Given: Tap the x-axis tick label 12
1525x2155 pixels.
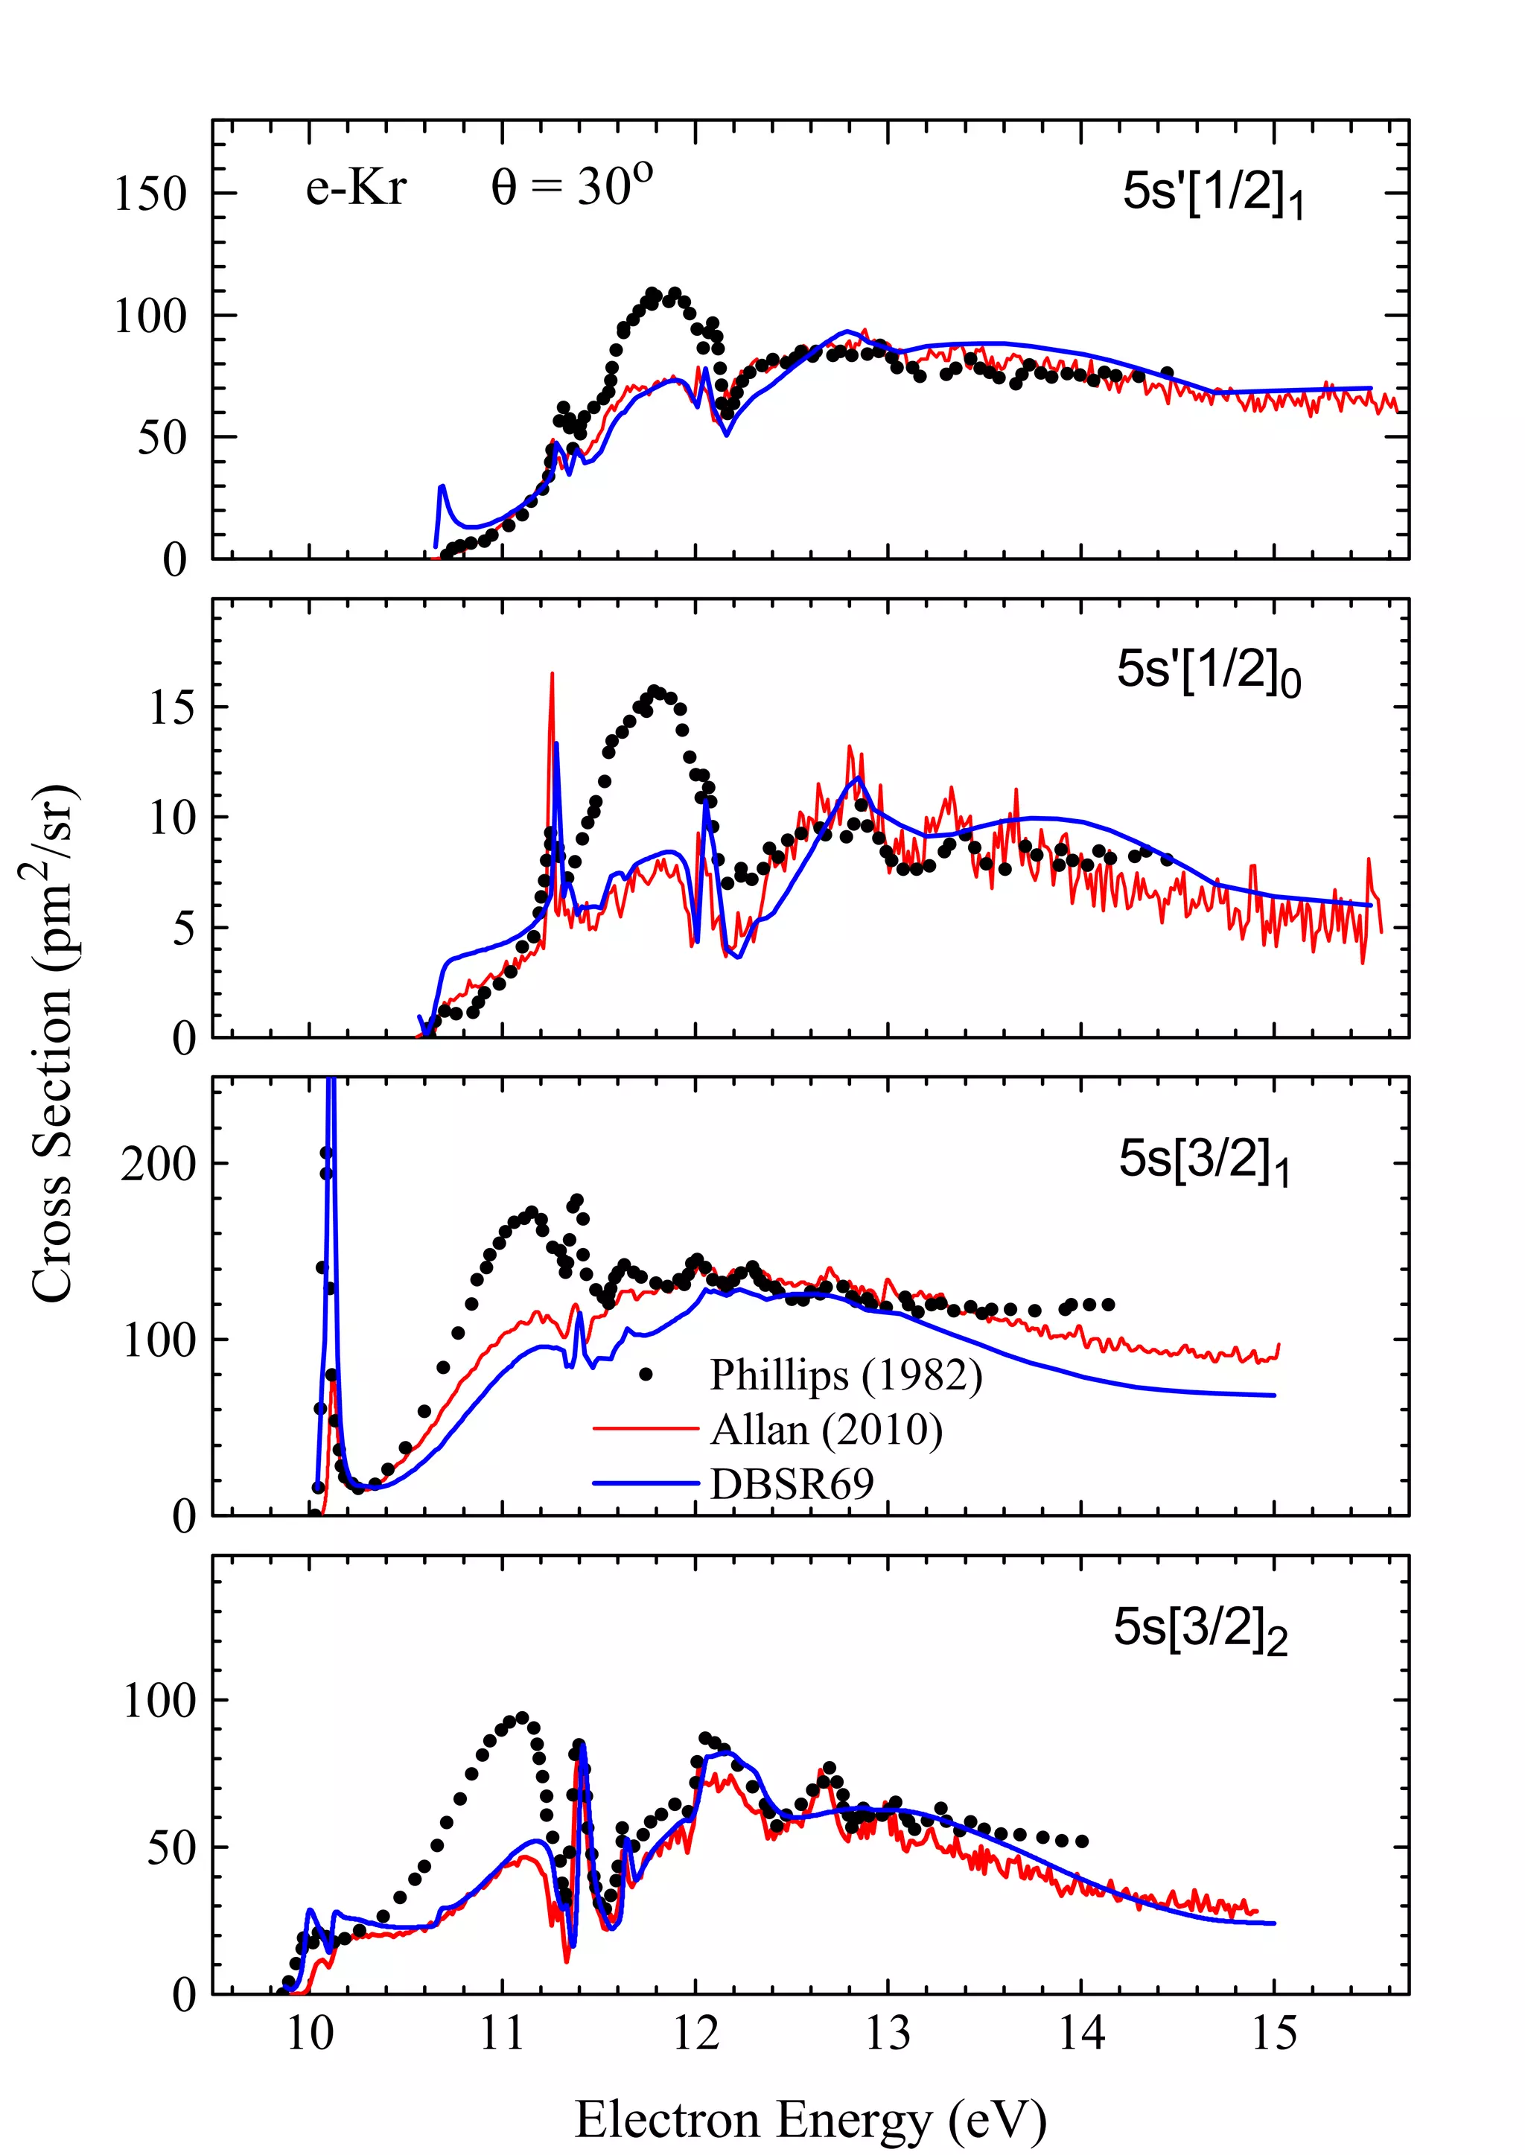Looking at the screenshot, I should coord(695,2034).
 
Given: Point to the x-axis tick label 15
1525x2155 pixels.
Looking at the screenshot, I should coord(1274,2034).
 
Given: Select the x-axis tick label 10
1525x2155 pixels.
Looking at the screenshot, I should coord(309,2034).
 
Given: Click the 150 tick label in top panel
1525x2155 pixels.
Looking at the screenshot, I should coord(150,194).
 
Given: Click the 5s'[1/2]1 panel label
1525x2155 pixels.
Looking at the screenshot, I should coord(1212,194).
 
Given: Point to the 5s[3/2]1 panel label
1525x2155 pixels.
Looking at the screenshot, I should coord(1203,1161).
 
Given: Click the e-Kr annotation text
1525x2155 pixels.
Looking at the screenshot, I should coord(356,187).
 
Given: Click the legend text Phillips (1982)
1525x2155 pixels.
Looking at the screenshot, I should coord(845,1375).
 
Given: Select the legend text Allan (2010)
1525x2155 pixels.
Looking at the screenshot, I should coord(827,1430).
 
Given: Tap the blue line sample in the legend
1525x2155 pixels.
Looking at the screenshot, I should coord(646,1483).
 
